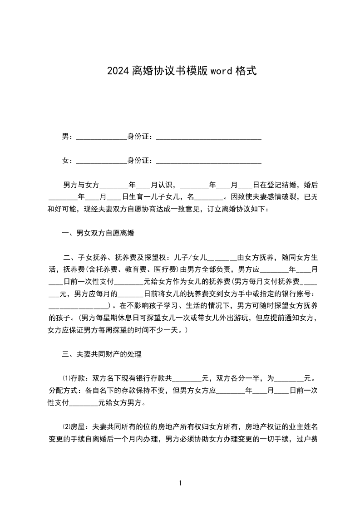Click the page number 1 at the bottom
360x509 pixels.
click(x=180, y=483)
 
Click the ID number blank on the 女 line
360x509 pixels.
click(x=208, y=161)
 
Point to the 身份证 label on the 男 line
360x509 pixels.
click(x=138, y=136)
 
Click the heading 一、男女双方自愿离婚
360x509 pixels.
click(x=98, y=234)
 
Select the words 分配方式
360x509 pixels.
click(x=63, y=390)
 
